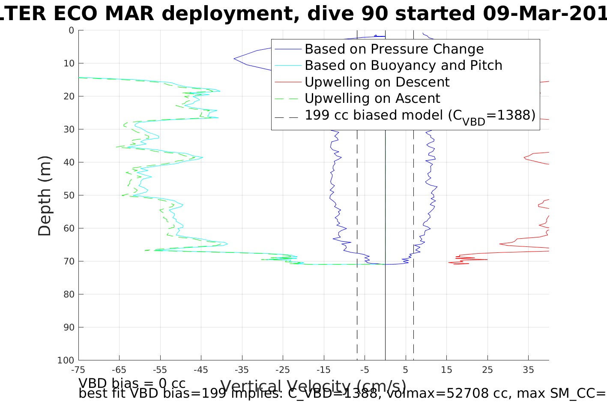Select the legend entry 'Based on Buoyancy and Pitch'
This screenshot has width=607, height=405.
pos(403,66)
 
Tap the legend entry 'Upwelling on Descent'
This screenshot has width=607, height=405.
pos(377,82)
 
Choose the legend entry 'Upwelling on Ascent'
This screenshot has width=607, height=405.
pos(372,99)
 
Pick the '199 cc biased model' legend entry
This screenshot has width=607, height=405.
pos(420,115)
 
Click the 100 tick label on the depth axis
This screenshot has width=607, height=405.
pos(66,360)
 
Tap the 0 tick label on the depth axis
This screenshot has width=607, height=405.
pos(71,30)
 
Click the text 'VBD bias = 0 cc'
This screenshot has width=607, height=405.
pos(132,383)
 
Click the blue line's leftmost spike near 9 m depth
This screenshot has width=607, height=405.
pos(234,59)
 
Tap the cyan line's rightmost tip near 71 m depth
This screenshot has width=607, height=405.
pos(385,264)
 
